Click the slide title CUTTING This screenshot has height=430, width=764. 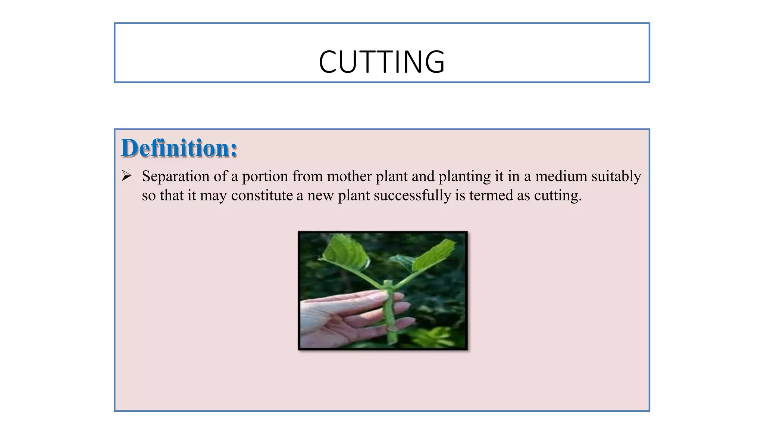point(382,62)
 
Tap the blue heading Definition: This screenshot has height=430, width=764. point(179,148)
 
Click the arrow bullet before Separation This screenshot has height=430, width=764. point(126,175)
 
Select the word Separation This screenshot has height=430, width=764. point(176,176)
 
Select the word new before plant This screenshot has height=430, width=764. point(320,196)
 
